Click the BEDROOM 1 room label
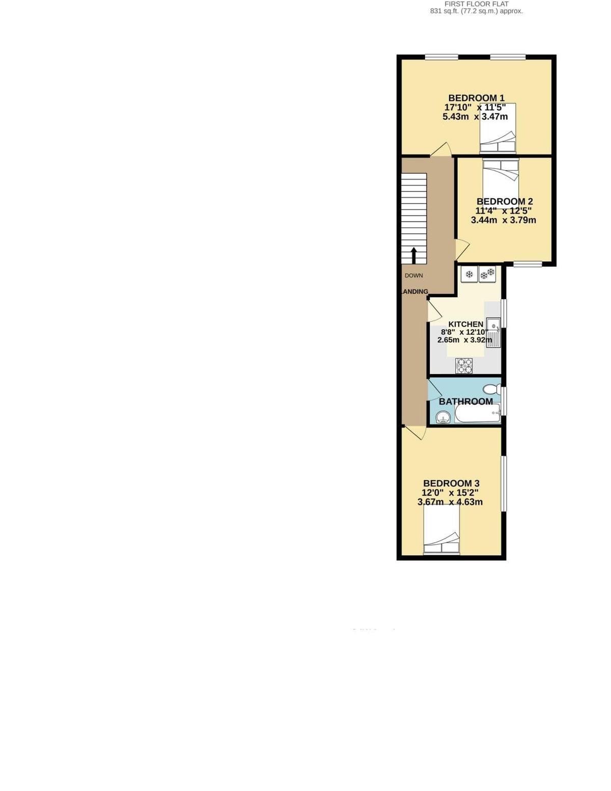point(476,98)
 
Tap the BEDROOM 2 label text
point(505,201)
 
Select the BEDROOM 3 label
point(451,483)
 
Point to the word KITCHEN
point(465,324)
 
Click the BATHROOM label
point(465,402)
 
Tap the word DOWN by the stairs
point(413,276)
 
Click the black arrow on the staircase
point(413,255)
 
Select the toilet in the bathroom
point(492,389)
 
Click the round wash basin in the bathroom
point(443,418)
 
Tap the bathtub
point(477,413)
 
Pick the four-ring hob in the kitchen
point(464,365)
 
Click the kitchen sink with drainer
point(493,332)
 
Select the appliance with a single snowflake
point(469,275)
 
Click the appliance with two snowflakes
point(487,275)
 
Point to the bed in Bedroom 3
point(442,530)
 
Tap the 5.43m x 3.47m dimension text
point(475,117)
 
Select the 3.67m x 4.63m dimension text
point(450,502)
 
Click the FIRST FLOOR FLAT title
point(476,4)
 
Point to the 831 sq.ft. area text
point(476,11)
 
